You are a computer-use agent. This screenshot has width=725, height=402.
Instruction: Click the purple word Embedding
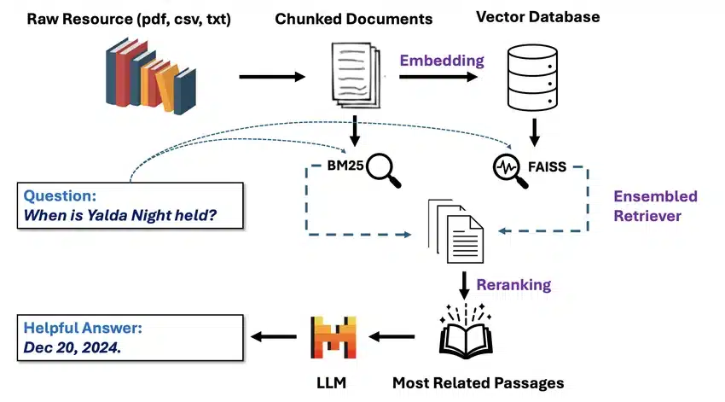pyautogui.click(x=441, y=61)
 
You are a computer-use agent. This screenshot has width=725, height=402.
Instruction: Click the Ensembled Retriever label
pyautogui.click(x=654, y=207)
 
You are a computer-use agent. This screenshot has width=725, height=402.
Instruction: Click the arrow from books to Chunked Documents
pyautogui.click(x=271, y=78)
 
